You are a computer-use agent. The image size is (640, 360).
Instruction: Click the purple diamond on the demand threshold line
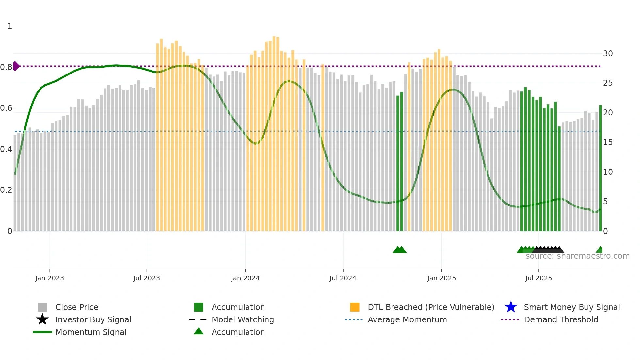16,66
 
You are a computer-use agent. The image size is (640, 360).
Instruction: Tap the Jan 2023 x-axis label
50,278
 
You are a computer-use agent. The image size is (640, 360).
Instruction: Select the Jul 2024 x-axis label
343,278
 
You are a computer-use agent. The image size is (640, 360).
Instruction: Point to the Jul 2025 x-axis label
538,278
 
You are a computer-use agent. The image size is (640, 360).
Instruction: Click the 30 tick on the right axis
608,54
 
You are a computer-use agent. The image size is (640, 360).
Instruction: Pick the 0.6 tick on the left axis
6,108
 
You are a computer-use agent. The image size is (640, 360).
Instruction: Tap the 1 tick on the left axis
10,26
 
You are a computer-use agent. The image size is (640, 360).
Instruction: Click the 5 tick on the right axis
605,202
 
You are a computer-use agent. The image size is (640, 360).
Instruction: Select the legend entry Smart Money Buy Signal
571,307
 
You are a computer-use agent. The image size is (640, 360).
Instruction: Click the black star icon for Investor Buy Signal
42,319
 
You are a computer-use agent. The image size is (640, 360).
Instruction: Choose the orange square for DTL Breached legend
355,307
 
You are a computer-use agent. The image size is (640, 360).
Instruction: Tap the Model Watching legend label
243,319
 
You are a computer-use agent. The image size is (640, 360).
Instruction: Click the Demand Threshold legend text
561,319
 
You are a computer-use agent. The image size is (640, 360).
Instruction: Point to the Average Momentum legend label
407,319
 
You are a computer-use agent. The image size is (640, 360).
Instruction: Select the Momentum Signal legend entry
91,332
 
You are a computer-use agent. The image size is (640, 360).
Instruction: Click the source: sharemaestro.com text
577,256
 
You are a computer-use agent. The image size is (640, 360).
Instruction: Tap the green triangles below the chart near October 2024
399,250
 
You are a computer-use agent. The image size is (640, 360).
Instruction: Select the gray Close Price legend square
42,307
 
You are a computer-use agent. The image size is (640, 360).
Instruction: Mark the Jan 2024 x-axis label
245,278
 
